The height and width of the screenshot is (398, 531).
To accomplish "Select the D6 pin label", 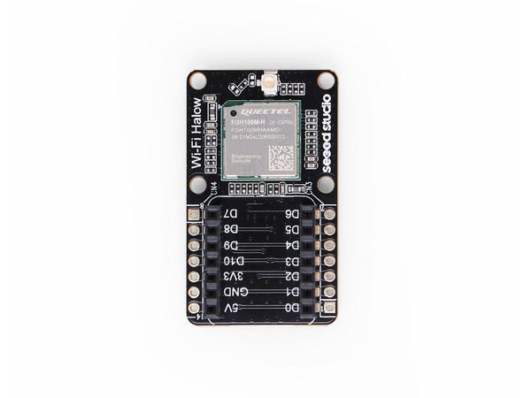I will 291,215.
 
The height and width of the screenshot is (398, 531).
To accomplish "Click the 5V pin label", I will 231,308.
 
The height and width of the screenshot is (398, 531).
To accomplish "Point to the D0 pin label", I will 291,308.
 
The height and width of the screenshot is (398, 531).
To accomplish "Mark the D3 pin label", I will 291,261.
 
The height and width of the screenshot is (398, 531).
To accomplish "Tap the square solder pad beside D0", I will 329,308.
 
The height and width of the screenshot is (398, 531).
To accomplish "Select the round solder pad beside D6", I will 329,215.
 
